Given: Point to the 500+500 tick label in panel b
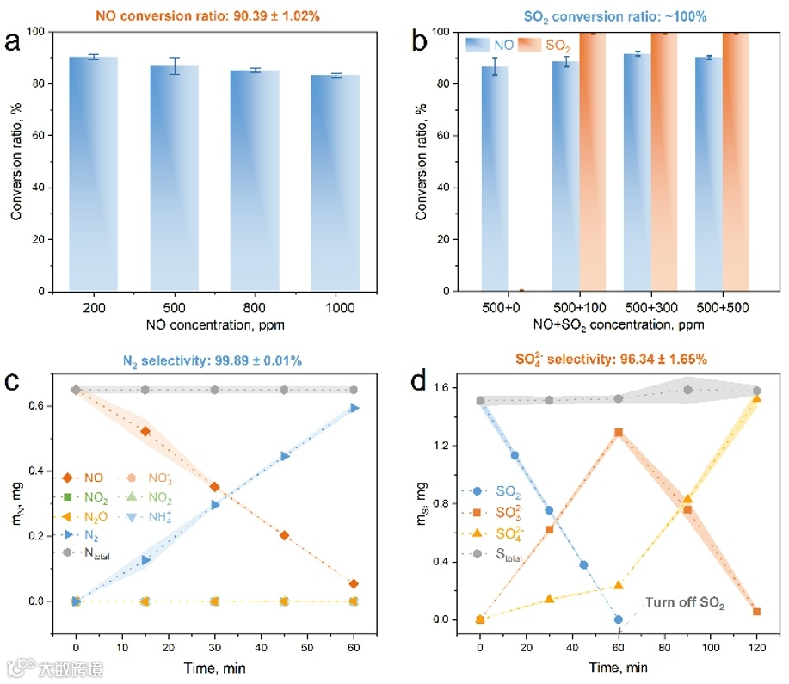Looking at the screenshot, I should click(722, 308).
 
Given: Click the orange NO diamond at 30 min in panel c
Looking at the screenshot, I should click(215, 487).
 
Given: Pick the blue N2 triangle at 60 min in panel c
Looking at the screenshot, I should click(354, 409).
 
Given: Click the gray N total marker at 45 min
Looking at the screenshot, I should click(285, 390).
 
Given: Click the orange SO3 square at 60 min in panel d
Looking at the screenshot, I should click(618, 433).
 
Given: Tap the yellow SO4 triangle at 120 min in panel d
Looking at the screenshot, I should click(757, 397).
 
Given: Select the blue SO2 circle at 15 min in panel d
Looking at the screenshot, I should click(515, 455).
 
